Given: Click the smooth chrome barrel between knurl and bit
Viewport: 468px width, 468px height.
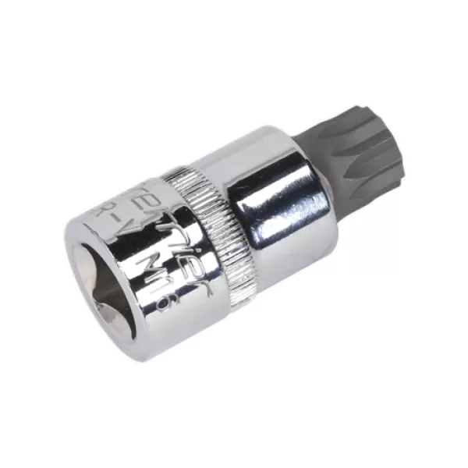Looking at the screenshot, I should [273, 195].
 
